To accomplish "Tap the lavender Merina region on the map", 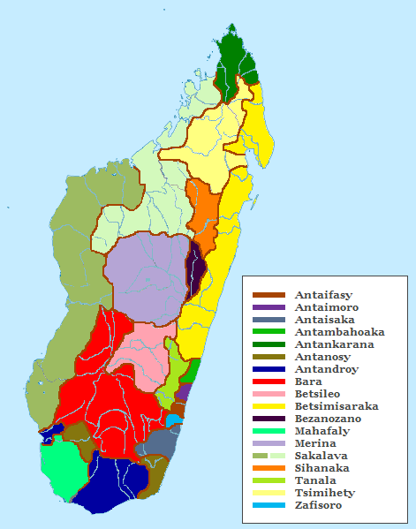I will click(x=146, y=274).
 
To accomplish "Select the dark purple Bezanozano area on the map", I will click(x=194, y=265).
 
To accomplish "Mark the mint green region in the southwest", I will click(x=62, y=468).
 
